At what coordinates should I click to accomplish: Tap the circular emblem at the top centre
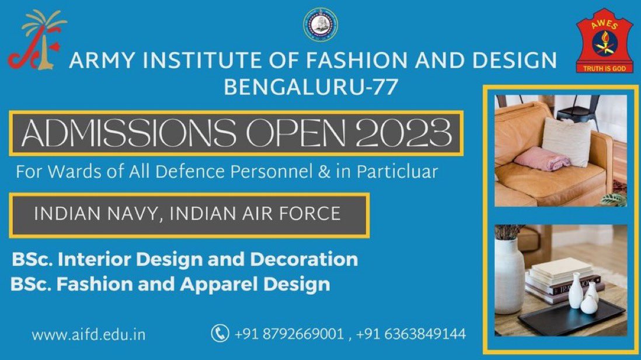[x=320, y=25]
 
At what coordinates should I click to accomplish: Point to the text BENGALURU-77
[x=312, y=88]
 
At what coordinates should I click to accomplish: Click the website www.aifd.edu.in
[x=89, y=335]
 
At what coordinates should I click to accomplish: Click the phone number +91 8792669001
[x=289, y=334]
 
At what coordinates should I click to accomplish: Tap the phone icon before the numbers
[x=220, y=334]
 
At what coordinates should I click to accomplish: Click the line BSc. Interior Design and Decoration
[x=185, y=258]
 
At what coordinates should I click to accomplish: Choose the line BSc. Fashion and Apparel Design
[x=170, y=285]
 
